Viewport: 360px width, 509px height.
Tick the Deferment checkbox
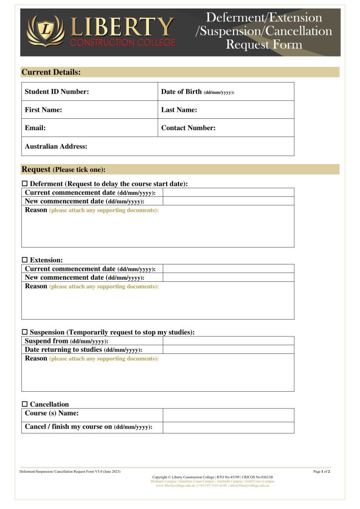click(25, 184)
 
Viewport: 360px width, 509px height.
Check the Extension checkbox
click(25, 260)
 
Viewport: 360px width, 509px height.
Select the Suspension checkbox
click(25, 332)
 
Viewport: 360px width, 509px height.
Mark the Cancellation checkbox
click(25, 404)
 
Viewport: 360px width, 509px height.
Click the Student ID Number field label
click(57, 91)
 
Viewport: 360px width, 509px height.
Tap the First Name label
click(43, 110)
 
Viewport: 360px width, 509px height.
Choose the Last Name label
click(179, 110)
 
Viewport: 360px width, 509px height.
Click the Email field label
click(35, 128)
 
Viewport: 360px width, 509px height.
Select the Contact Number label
click(188, 128)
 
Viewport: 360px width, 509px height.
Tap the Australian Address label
click(56, 146)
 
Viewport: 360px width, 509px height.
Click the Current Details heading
click(51, 72)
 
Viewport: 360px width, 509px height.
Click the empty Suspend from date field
click(228, 341)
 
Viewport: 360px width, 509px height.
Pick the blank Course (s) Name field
click(228, 415)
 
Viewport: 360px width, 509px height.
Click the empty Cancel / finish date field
click(228, 427)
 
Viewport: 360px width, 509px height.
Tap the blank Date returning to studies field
click(228, 349)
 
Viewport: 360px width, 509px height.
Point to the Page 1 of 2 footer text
click(322, 471)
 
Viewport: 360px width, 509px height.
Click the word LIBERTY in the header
click(122, 27)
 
